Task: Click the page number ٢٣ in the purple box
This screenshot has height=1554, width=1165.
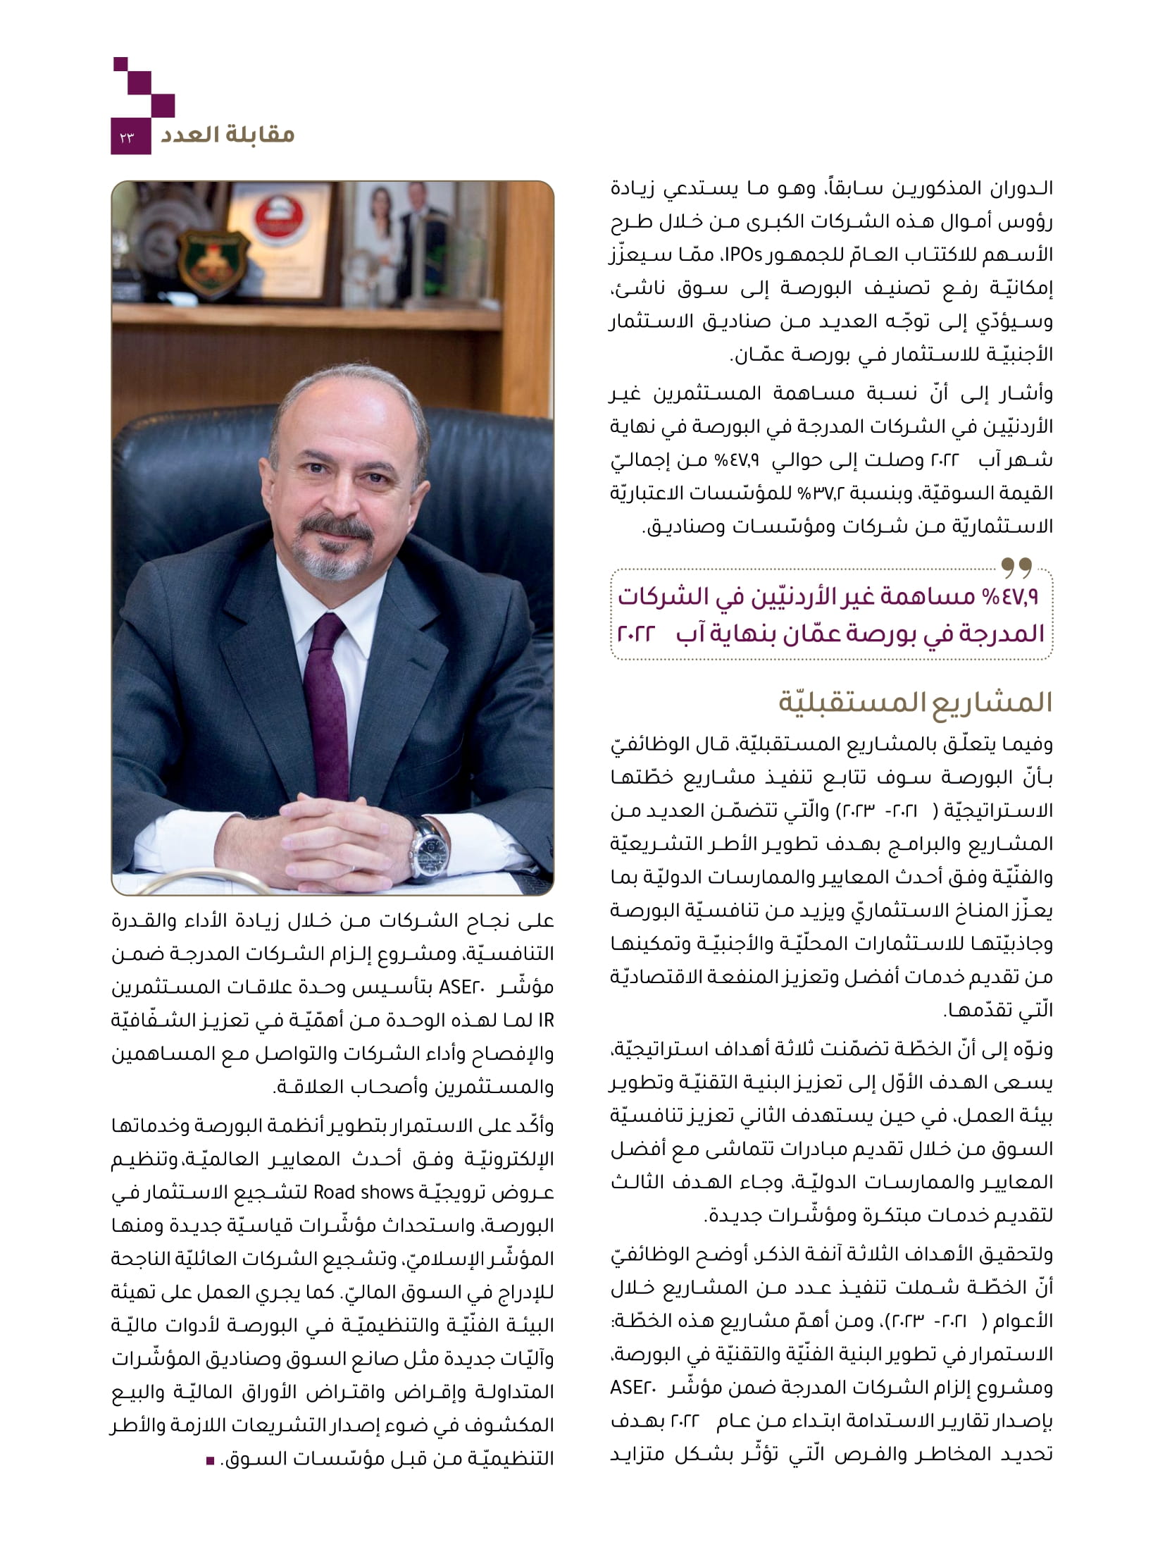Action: [x=130, y=137]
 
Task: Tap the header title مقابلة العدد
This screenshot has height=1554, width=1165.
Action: [x=227, y=134]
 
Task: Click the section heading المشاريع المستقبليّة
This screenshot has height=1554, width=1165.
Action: [x=915, y=703]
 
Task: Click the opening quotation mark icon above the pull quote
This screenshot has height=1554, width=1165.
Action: [x=1016, y=565]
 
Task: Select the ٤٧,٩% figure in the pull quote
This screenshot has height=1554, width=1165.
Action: [x=1011, y=598]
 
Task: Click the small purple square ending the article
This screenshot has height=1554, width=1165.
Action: [x=209, y=1459]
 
